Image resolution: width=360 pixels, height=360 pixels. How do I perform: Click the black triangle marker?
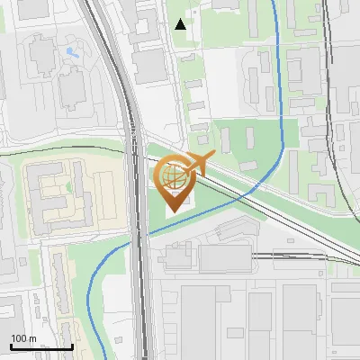181,24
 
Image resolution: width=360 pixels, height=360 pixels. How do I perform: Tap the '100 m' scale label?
24,338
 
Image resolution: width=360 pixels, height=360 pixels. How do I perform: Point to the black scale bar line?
41,346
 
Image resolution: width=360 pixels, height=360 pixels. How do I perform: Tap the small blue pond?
70,52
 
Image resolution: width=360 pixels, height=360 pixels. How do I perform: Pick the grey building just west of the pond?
41,55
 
